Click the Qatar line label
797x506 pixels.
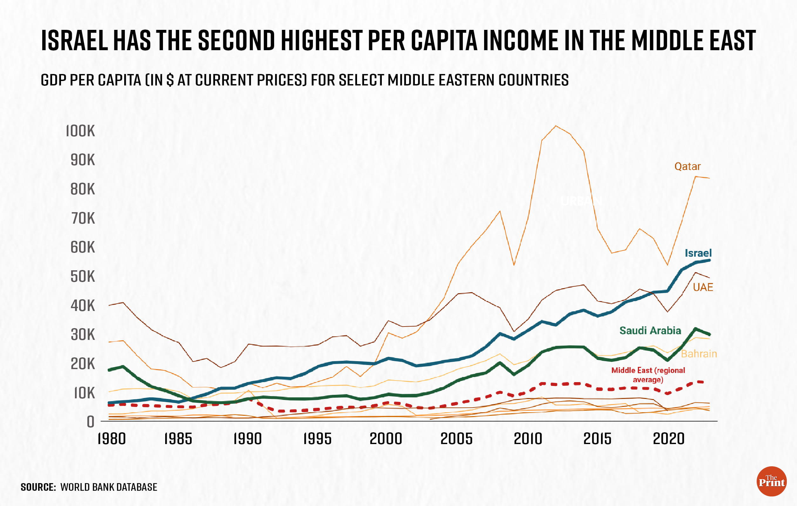[687, 166]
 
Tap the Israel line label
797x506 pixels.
[698, 253]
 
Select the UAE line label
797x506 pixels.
[703, 287]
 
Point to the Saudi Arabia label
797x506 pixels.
[650, 331]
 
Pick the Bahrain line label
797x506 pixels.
[699, 354]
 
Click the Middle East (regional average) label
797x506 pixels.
[648, 375]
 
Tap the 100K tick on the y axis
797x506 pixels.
[80, 131]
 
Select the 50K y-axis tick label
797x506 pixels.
[83, 277]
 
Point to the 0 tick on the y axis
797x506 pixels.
[90, 422]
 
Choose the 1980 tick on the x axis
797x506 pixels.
[111, 439]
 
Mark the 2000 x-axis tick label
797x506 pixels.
[386, 439]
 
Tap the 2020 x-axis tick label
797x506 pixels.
[668, 439]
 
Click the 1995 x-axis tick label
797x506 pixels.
[317, 439]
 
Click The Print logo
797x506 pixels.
[772, 482]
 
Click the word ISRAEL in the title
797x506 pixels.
[74, 40]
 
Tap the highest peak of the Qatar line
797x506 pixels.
[556, 126]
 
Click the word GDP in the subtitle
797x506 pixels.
[53, 80]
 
